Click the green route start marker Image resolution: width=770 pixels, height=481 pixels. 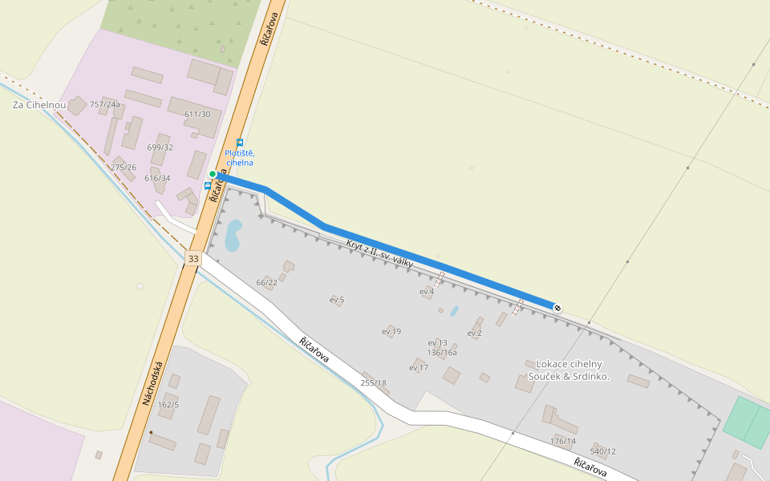[x=213, y=174]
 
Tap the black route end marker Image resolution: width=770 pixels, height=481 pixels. [x=557, y=308]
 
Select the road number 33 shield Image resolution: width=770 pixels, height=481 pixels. [x=192, y=259]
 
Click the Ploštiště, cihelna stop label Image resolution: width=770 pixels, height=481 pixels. [x=239, y=157]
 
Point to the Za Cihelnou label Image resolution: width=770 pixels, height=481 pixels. [x=39, y=105]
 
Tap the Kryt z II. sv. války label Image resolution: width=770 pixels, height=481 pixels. [x=379, y=253]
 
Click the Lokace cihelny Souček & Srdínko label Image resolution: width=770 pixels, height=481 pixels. [x=568, y=370]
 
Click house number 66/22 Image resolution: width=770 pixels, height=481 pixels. [x=266, y=283]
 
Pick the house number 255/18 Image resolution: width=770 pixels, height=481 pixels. [x=374, y=383]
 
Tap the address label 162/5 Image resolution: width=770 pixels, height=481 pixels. [x=168, y=405]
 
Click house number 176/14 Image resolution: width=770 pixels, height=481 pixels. [x=563, y=441]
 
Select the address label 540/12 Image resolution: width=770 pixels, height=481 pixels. [x=603, y=452]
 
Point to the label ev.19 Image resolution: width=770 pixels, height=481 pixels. [x=391, y=331]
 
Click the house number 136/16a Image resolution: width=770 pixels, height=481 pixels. [x=442, y=352]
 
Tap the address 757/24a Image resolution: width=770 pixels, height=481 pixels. [x=105, y=104]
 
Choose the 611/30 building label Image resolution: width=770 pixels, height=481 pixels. [x=197, y=115]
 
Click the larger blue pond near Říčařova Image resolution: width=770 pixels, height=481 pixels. [x=233, y=235]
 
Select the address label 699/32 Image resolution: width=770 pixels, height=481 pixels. [x=160, y=148]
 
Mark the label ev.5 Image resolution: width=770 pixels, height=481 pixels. [x=337, y=300]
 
